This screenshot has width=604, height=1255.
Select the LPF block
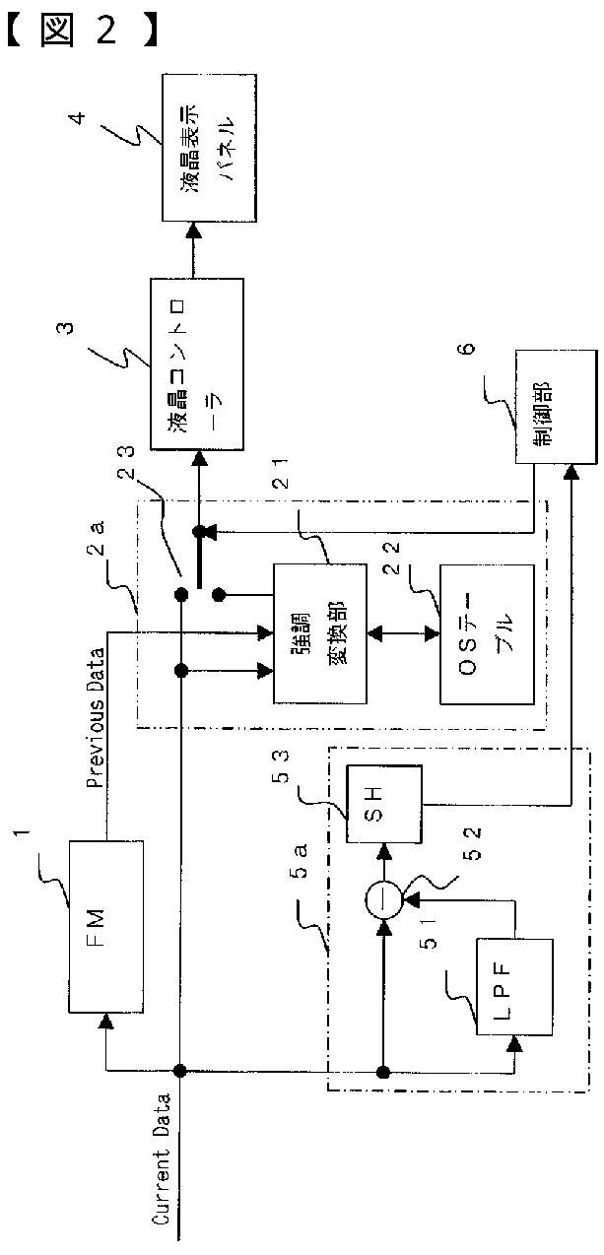click(514, 987)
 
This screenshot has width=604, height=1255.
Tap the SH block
click(384, 804)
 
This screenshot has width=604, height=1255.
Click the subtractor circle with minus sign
click(384, 900)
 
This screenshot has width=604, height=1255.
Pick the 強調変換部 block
click(320, 633)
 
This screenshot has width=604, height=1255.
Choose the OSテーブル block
click(487, 633)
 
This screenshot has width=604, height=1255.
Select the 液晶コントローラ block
click(197, 363)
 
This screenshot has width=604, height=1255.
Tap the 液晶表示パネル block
click(210, 148)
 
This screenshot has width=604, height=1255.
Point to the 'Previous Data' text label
click(97, 718)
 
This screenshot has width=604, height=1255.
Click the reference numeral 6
click(467, 348)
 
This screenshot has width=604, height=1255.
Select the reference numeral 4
click(79, 117)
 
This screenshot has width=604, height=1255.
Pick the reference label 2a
click(96, 537)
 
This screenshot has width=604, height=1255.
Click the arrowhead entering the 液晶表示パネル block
click(194, 230)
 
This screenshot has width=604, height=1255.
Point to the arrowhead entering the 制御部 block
click(571, 471)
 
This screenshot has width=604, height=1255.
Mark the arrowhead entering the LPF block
click(514, 1042)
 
